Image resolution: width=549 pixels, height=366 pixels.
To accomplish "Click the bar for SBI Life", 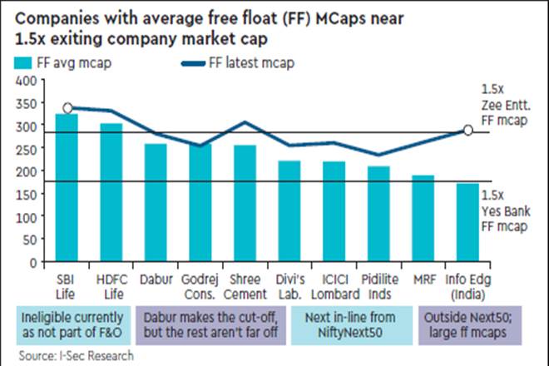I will click(66, 188).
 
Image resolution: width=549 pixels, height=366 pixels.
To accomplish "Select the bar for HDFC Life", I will click(111, 193).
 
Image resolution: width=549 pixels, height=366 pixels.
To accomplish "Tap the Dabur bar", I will click(155, 203).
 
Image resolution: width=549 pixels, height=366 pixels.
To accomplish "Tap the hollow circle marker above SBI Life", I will click(67, 107).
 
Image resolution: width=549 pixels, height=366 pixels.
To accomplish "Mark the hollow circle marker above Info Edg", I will click(467, 130).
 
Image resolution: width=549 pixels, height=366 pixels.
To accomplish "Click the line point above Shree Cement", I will click(245, 122).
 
